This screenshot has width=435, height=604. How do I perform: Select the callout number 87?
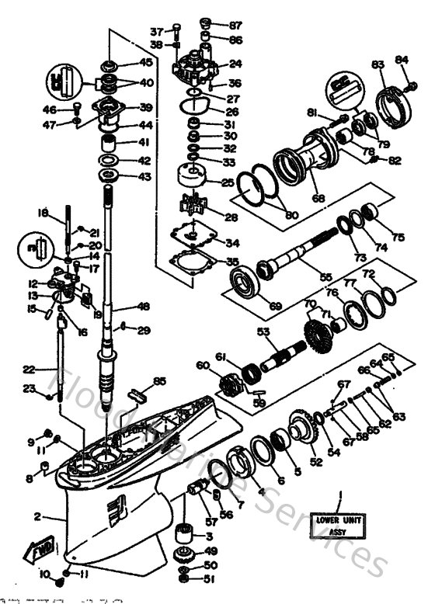click(x=235, y=25)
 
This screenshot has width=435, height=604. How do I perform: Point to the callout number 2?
click(x=37, y=515)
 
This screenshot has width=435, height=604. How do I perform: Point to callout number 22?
click(x=29, y=370)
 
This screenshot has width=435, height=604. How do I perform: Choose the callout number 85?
click(x=160, y=380)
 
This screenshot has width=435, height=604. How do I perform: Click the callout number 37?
click(x=157, y=32)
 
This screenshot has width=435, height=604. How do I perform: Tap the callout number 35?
click(x=232, y=262)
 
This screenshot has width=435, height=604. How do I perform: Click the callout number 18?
click(x=43, y=211)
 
